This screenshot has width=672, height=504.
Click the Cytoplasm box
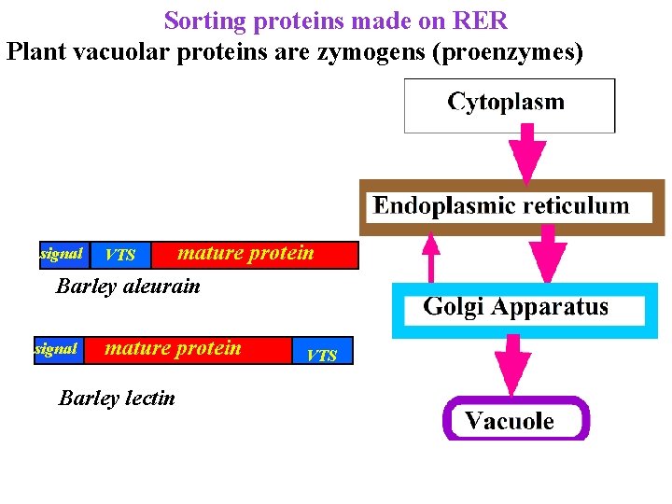(x=509, y=105)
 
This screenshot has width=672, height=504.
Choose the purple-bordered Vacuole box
(x=515, y=420)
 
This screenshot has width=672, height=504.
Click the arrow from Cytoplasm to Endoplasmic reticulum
(x=532, y=155)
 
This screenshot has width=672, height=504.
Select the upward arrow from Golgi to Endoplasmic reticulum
(x=430, y=257)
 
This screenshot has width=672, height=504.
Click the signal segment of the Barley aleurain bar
(x=63, y=254)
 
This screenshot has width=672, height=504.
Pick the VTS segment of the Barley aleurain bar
(x=120, y=255)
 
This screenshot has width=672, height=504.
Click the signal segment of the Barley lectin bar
(x=56, y=349)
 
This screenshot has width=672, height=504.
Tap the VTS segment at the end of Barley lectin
(x=322, y=354)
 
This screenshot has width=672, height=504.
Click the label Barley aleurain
(x=128, y=287)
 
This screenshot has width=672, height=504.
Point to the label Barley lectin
(x=117, y=399)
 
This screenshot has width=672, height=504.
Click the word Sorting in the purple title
(x=202, y=20)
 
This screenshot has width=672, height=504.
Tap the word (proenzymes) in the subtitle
(x=509, y=51)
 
